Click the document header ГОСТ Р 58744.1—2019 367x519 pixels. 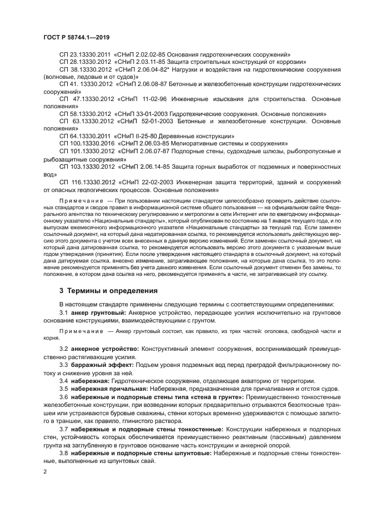tap(76, 37)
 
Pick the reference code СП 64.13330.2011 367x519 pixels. tap(86, 135)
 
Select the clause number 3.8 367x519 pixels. tap(63, 454)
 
